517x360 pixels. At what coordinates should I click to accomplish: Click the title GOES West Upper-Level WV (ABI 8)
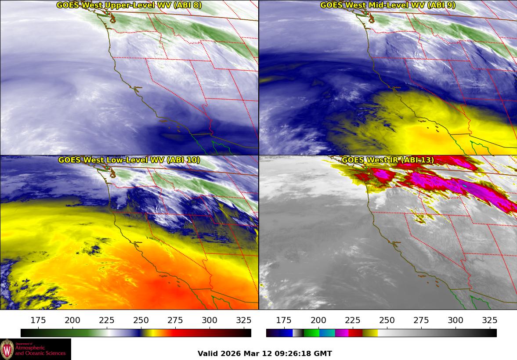click(129, 5)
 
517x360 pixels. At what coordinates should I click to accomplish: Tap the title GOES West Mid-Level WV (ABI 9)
click(387, 5)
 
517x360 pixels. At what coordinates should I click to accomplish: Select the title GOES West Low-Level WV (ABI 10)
click(129, 160)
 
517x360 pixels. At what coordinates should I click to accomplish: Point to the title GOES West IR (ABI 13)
click(387, 160)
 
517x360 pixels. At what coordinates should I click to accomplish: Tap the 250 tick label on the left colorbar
click(141, 320)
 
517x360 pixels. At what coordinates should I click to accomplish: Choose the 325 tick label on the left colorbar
click(244, 320)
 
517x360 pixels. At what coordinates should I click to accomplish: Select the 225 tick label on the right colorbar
click(353, 320)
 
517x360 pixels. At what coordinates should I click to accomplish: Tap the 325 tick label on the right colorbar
click(490, 320)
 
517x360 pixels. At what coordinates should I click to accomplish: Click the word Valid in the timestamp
click(207, 353)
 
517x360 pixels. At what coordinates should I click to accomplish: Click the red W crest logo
click(7, 349)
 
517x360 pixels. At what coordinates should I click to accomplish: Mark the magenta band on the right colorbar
click(342, 333)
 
